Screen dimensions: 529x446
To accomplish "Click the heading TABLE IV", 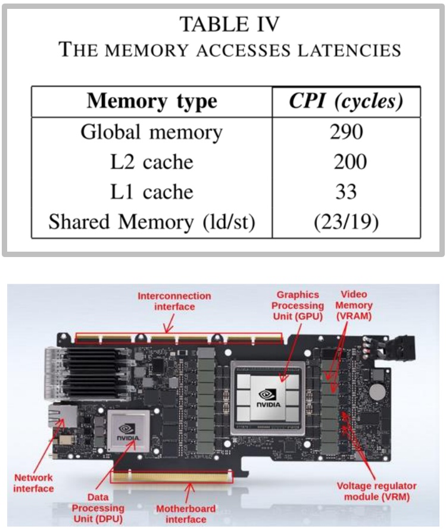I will pyautogui.click(x=230, y=24).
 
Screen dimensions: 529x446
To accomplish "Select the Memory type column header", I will pyautogui.click(x=152, y=101).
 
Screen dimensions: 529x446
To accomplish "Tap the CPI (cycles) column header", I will pyautogui.click(x=346, y=101).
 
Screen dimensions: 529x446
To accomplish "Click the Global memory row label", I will pyautogui.click(x=152, y=132).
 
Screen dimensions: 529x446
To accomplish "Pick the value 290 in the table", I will pyautogui.click(x=346, y=132).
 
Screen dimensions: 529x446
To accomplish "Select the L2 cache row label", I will pyautogui.click(x=152, y=162).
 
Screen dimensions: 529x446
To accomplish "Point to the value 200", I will pyautogui.click(x=346, y=162).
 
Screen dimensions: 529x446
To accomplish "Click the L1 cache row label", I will pyautogui.click(x=152, y=192).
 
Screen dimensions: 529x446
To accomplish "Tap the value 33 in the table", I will pyautogui.click(x=346, y=192).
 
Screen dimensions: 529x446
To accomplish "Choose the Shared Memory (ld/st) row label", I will pyautogui.click(x=152, y=222).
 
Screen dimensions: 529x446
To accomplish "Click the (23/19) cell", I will pyautogui.click(x=346, y=222).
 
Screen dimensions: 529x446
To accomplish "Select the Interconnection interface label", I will pyautogui.click(x=174, y=301).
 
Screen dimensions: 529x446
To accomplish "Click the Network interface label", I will pyautogui.click(x=34, y=483).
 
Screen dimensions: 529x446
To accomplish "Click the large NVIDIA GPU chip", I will pyautogui.click(x=270, y=396).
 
